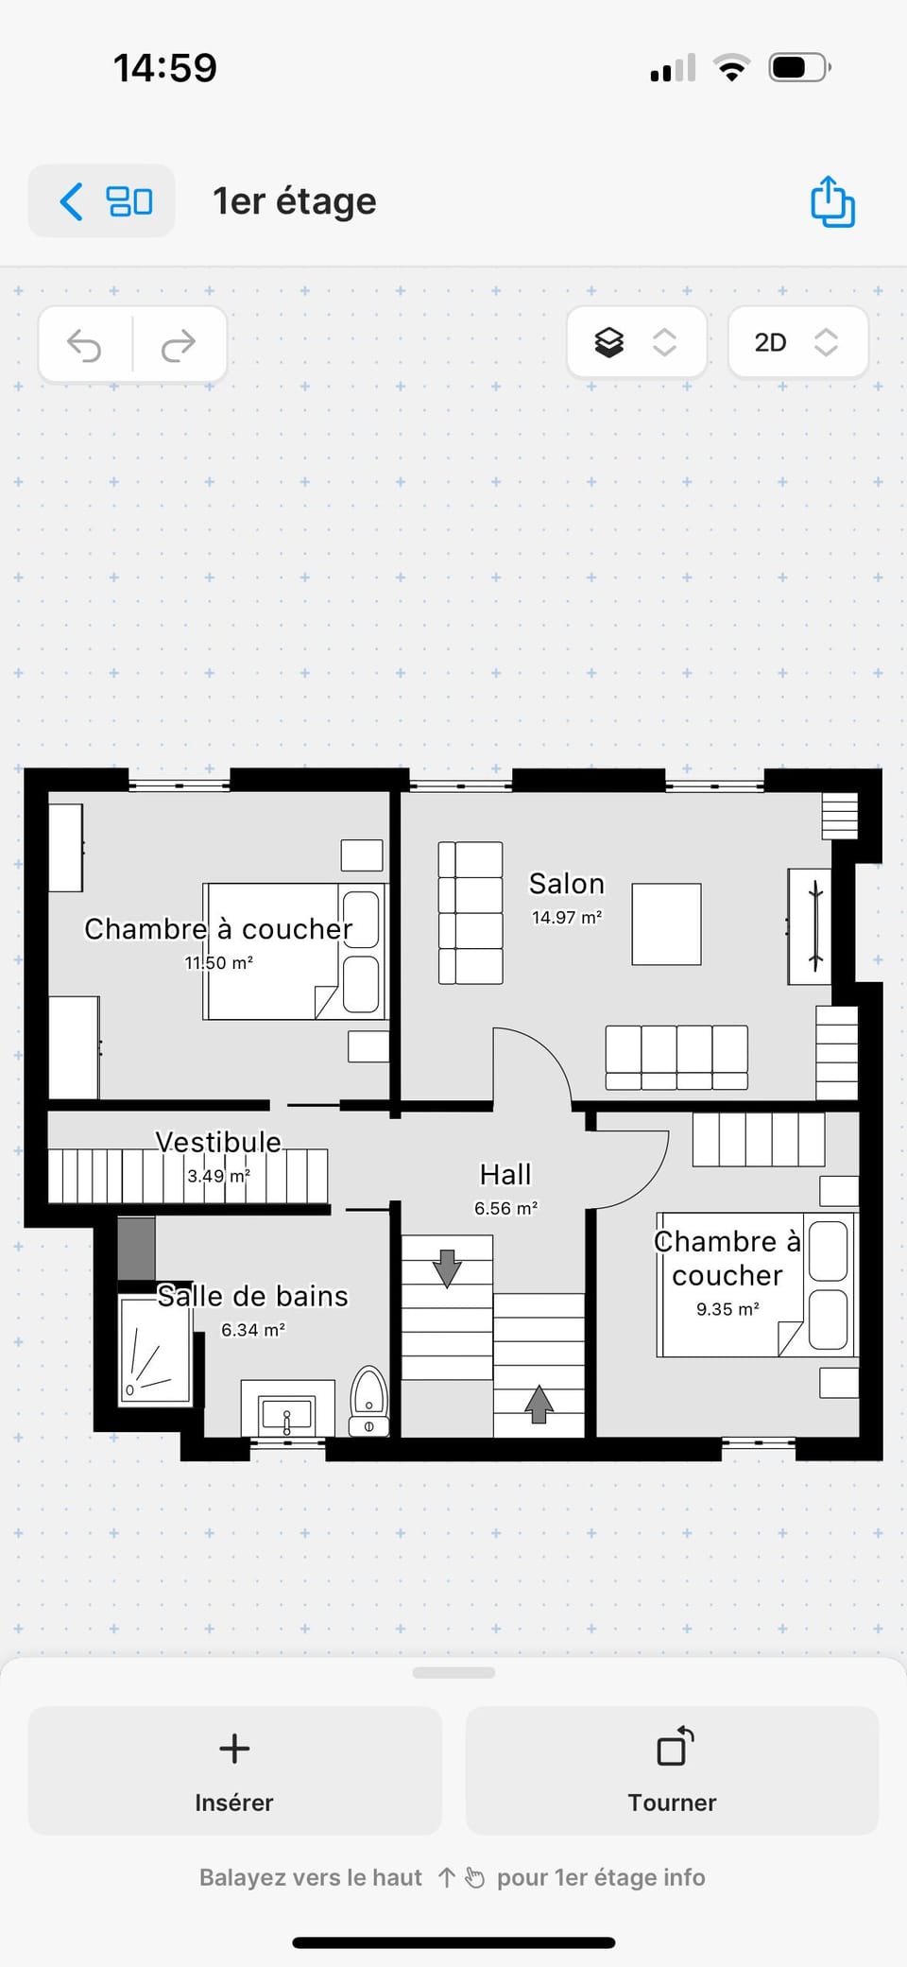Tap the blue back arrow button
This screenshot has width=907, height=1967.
[72, 201]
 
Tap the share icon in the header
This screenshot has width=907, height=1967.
[832, 201]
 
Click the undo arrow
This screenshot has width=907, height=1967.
[85, 345]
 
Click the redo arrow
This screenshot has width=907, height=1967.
[179, 345]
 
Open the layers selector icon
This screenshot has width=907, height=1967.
[609, 342]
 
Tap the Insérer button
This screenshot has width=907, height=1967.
[234, 1769]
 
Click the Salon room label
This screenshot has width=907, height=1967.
[566, 884]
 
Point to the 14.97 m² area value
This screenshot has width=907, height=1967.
[566, 918]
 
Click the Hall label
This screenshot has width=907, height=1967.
[505, 1175]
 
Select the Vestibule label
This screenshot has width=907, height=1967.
[218, 1143]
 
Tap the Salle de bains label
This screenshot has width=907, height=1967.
[252, 1296]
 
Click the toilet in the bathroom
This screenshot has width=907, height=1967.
[369, 1400]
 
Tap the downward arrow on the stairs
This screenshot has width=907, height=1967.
[447, 1268]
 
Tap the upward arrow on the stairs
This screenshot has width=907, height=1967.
[539, 1404]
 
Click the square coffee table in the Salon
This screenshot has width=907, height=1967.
[666, 924]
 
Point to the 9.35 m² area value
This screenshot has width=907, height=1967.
[727, 1309]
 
